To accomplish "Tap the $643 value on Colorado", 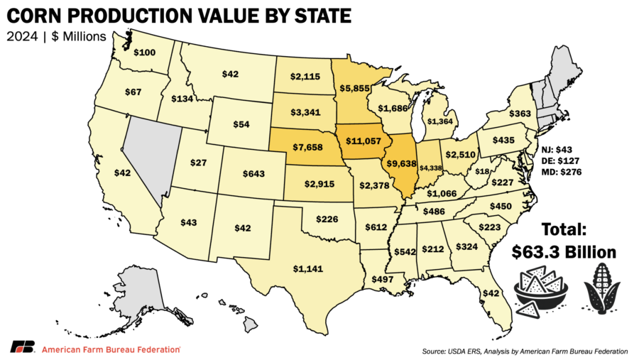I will [x=256, y=174].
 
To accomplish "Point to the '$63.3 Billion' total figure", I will [x=564, y=253].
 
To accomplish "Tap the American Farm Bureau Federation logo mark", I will [x=23, y=347].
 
